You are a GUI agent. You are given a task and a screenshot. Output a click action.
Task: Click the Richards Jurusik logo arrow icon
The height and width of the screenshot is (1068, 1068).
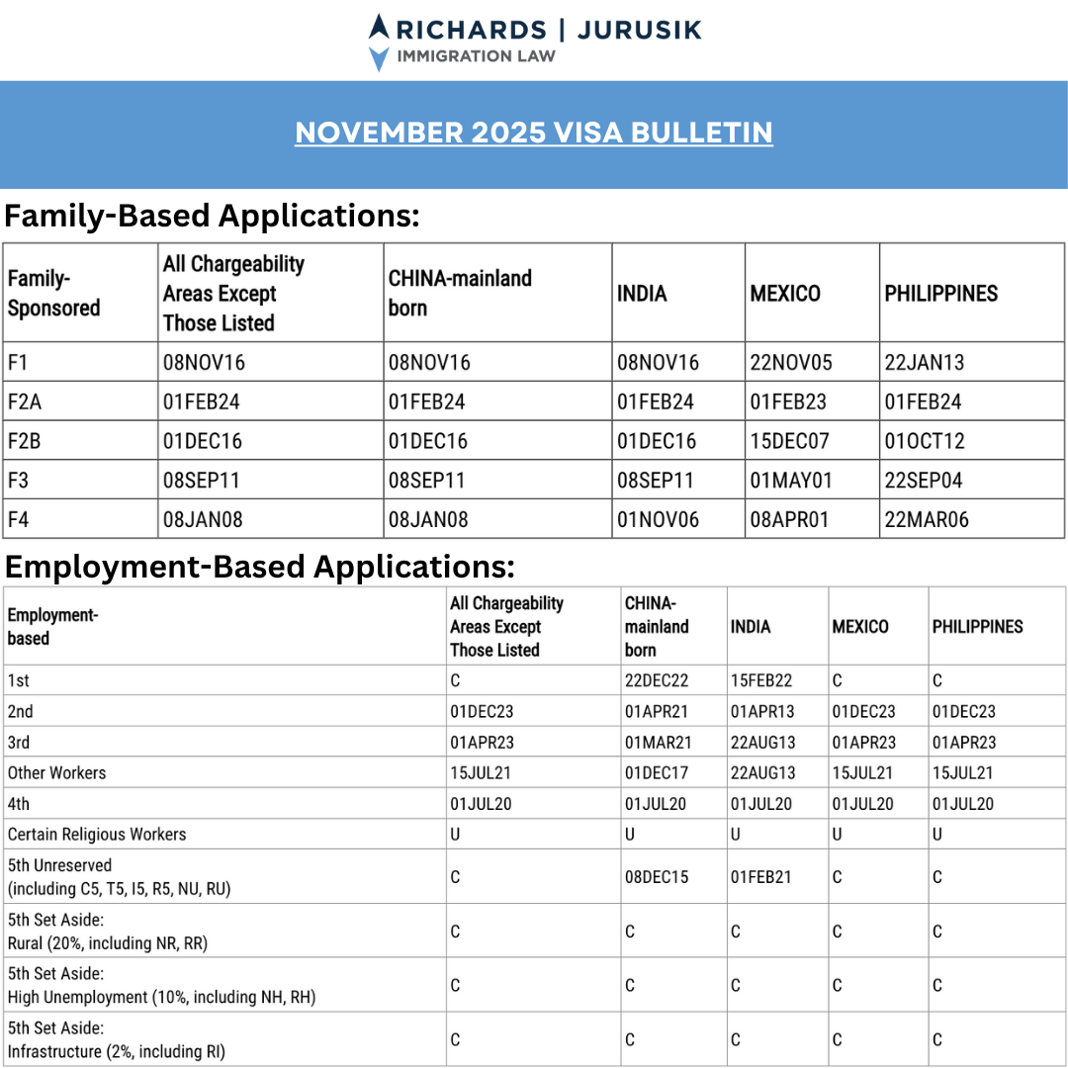[379, 43]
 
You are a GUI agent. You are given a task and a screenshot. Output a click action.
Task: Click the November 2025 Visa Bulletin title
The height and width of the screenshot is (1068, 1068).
[534, 133]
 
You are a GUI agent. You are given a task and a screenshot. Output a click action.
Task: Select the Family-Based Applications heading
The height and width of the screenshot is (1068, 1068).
[213, 216]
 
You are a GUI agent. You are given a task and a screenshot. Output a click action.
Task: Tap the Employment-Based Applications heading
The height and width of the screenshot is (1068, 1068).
[260, 567]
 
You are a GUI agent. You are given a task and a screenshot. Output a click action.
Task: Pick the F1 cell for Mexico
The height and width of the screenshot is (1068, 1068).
[791, 363]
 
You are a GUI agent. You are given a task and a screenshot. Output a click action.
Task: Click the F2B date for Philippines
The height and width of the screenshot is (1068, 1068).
[924, 442]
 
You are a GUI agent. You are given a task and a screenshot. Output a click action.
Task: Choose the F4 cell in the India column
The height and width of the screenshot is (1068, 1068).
[658, 520]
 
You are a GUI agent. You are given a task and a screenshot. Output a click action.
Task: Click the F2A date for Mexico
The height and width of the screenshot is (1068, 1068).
[791, 402]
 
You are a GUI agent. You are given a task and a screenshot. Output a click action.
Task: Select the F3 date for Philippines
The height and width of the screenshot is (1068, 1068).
[924, 482]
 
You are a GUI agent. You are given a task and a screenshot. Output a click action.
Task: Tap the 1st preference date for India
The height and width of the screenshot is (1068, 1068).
[761, 681]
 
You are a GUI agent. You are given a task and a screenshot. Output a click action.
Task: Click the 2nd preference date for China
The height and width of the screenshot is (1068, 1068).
[658, 712]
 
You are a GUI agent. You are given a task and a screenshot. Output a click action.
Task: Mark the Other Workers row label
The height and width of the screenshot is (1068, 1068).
[56, 773]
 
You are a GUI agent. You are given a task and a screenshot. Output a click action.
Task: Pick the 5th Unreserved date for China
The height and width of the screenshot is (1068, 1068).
[657, 877]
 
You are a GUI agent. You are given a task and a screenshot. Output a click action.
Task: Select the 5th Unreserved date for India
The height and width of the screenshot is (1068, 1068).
[761, 877]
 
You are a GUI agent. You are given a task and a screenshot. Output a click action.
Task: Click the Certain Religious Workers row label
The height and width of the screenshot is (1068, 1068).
[97, 835]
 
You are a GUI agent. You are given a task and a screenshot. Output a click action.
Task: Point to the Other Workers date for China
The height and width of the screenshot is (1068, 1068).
[658, 773]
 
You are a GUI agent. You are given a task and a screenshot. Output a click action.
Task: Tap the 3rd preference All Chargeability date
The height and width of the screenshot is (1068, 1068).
[482, 743]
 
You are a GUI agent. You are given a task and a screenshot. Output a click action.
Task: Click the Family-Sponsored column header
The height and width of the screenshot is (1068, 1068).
[53, 294]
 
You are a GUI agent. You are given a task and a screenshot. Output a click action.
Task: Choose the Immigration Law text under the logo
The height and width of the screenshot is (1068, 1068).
[476, 56]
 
